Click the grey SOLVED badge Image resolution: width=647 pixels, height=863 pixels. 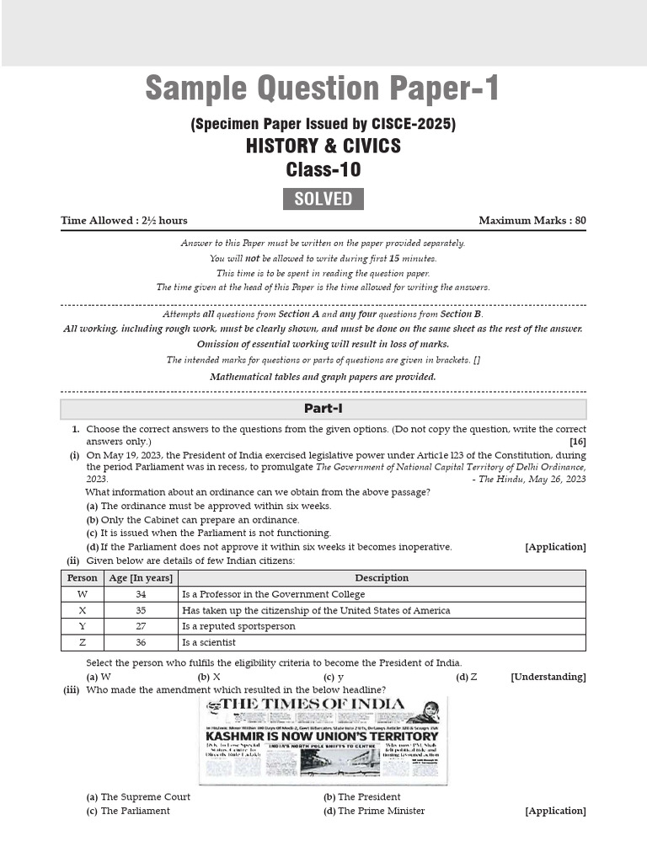323,199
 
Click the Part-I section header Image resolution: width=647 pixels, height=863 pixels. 323,409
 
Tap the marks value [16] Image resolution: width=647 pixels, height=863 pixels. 577,442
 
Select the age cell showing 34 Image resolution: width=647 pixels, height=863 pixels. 140,594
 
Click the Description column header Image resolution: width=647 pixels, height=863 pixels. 382,578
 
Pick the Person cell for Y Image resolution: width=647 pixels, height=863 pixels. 82,626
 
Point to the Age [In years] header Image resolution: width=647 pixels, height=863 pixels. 140,578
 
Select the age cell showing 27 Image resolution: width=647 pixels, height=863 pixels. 140,626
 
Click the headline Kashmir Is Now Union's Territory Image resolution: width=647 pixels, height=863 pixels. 323,736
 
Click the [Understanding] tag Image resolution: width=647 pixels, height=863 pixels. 548,677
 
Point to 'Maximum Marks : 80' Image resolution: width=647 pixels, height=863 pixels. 532,221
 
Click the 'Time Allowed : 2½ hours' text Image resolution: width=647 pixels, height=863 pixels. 124,221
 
